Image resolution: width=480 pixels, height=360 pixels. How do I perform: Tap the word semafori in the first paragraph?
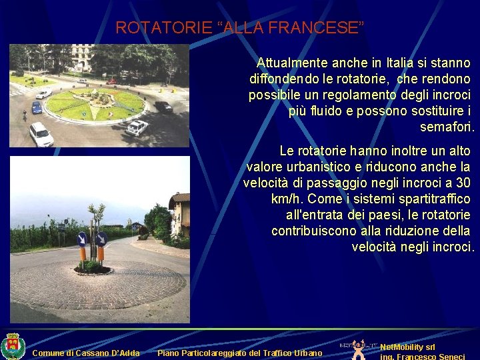(446, 127)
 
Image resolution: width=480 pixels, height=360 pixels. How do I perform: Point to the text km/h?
(290, 199)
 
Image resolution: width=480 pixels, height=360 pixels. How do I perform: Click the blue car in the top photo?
(37, 107)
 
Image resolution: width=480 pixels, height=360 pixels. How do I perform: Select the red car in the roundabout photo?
(111, 81)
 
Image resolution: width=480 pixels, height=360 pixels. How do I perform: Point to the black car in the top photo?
(163, 106)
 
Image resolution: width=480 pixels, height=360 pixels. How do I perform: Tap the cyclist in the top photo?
(25, 115)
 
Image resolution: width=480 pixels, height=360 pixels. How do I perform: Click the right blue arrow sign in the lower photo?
(101, 239)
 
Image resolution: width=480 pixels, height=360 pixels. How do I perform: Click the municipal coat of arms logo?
(12, 346)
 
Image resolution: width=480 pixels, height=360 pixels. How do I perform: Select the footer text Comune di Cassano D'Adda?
(86, 353)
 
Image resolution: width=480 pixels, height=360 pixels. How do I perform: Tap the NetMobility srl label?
(407, 347)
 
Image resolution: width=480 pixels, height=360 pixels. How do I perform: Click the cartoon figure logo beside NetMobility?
(360, 349)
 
